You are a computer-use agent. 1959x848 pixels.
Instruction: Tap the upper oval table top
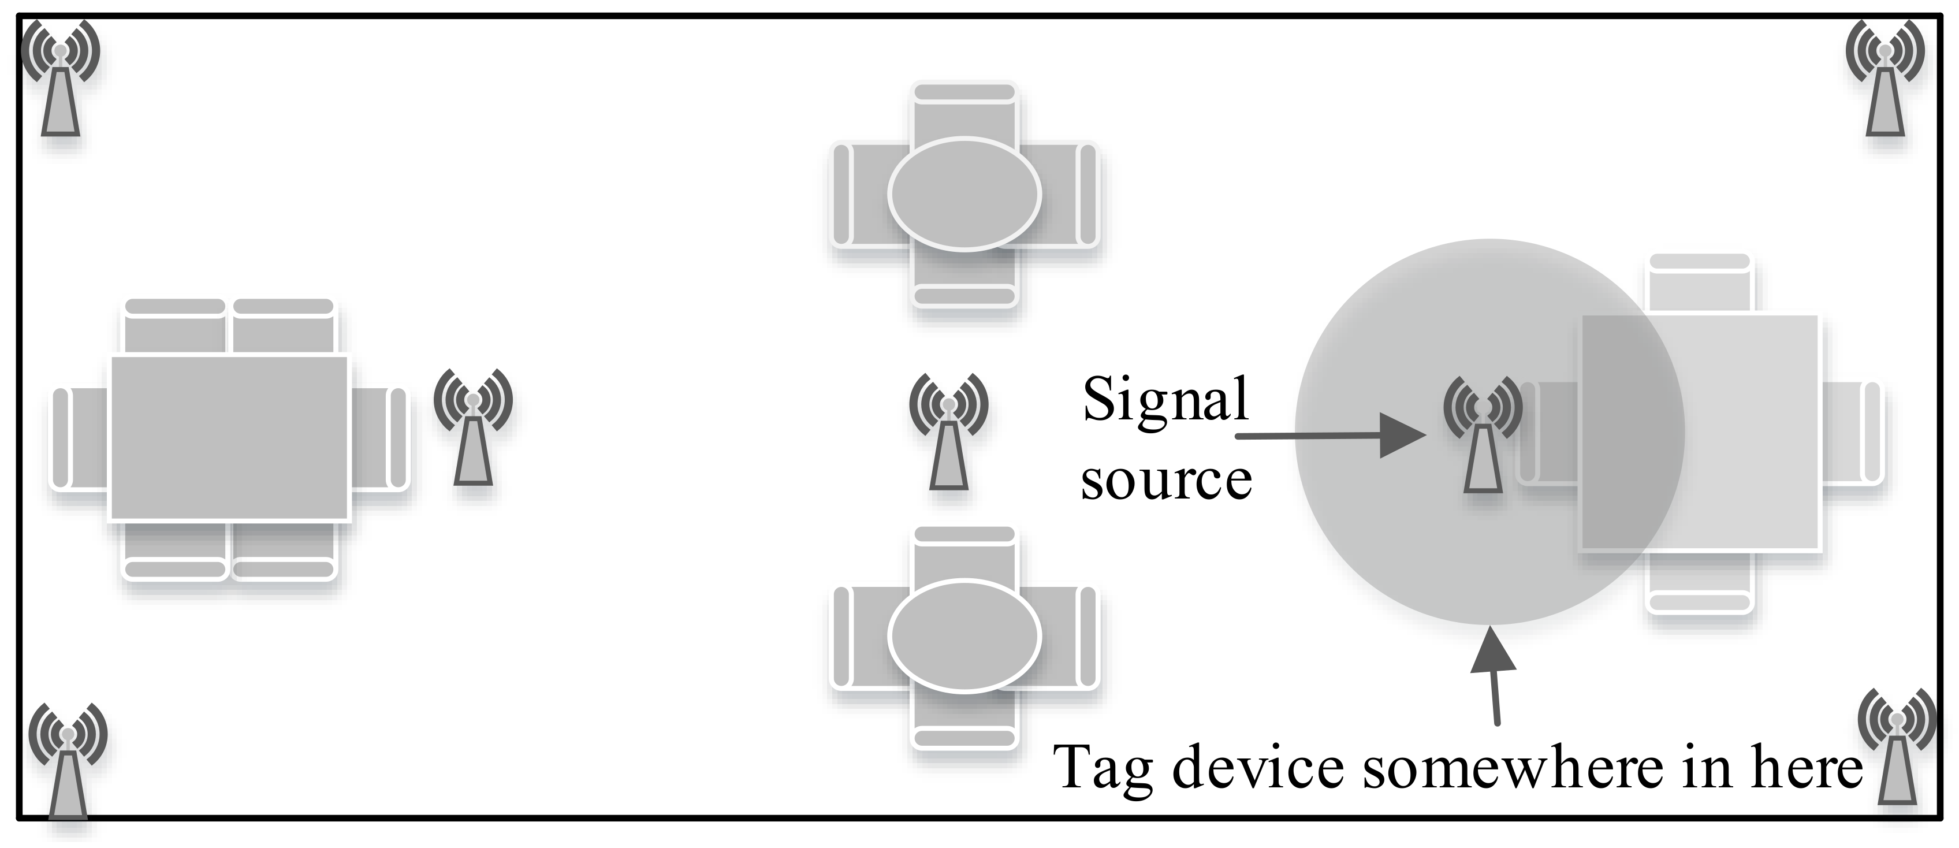pyautogui.click(x=964, y=194)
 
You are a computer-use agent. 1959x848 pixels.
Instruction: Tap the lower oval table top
pyautogui.click(x=964, y=635)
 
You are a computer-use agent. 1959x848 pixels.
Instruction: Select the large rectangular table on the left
pyautogui.click(x=230, y=437)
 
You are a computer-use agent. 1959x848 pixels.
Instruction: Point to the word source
pyautogui.click(x=1167, y=481)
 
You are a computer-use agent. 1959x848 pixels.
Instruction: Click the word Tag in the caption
pyautogui.click(x=1103, y=768)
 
